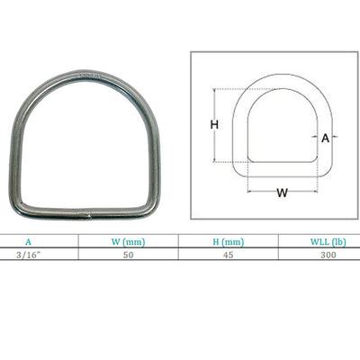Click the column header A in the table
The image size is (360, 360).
pos(28,242)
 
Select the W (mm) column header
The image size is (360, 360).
pos(128,242)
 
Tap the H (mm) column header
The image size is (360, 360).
pos(229,242)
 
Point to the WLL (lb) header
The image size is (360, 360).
pos(328,242)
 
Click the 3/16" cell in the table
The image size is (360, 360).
pos(28,255)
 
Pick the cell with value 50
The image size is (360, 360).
pos(128,255)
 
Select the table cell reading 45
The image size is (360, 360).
pos(229,255)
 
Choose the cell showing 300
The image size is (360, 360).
pos(328,255)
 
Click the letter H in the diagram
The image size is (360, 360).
pos(214,124)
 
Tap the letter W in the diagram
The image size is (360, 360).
pos(282,193)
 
